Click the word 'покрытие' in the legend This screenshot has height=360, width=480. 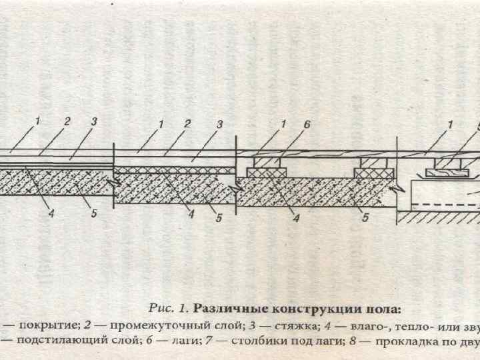[43, 325]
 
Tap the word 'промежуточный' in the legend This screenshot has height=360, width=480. [149, 325]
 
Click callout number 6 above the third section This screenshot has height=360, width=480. [306, 124]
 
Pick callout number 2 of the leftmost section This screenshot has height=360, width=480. [67, 122]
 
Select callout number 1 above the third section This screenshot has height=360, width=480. [283, 124]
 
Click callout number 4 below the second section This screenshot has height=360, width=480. [191, 215]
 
